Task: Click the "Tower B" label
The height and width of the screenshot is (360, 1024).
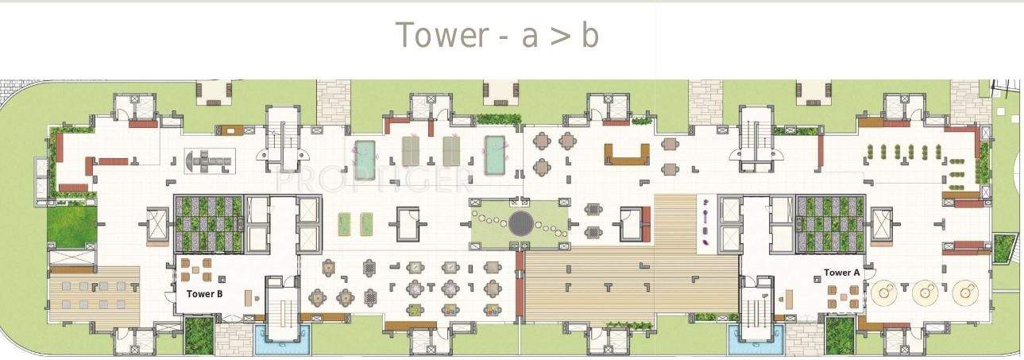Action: click(204, 293)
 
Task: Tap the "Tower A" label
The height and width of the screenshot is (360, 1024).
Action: click(841, 273)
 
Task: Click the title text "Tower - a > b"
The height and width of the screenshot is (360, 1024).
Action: click(497, 36)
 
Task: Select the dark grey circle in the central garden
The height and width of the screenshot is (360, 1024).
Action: click(521, 224)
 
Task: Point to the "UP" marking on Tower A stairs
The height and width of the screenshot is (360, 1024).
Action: click(765, 296)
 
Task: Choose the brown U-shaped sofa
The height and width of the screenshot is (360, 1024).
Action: click(627, 153)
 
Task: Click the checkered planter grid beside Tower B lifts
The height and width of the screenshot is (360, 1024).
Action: click(207, 223)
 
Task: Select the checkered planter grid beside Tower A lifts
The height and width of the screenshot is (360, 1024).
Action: click(829, 223)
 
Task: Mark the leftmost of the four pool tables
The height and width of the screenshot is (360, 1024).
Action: click(365, 159)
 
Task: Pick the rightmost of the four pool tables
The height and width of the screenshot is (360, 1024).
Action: click(495, 153)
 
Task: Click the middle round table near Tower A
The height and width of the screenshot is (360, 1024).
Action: click(923, 293)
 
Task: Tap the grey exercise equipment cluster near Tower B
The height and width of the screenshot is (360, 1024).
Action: click(210, 161)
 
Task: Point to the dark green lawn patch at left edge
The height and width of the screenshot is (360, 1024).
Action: click(71, 225)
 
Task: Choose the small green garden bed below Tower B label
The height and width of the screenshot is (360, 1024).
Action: click(199, 335)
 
